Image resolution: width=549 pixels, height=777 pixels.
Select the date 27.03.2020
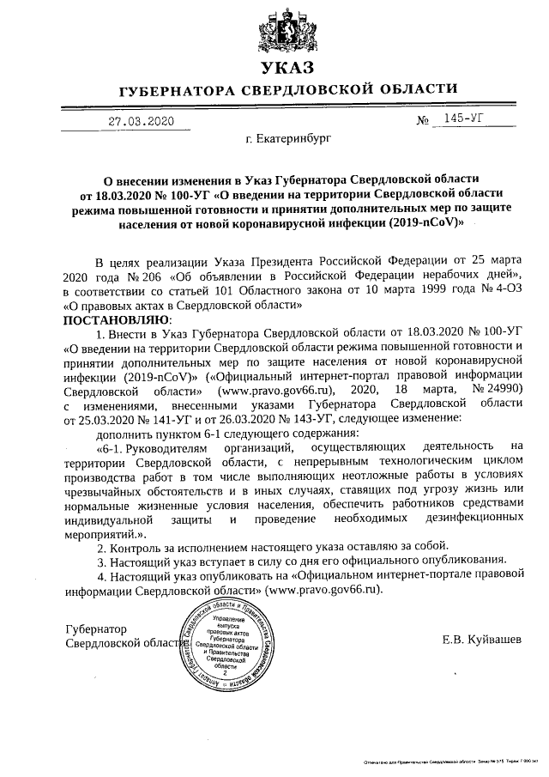[141, 121]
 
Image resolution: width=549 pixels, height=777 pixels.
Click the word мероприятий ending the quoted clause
[107, 533]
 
